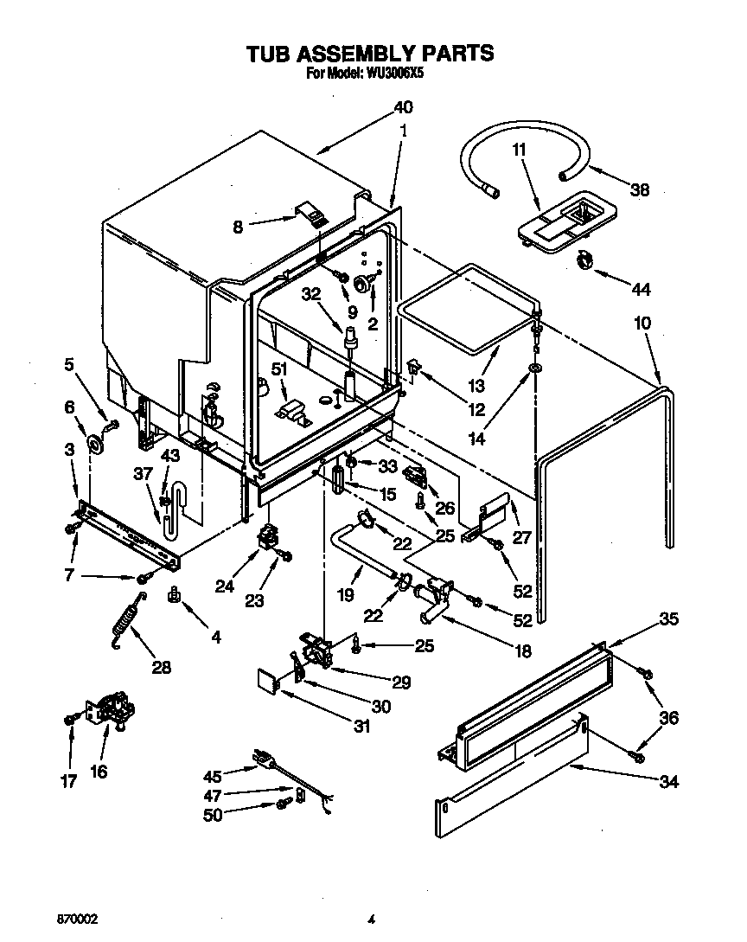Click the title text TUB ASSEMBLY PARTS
370,54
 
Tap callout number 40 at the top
403,108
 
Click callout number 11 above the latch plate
519,150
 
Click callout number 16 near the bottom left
99,771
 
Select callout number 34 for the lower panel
668,783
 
